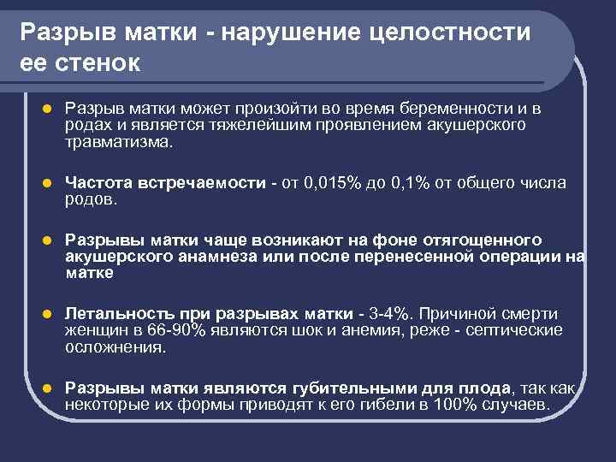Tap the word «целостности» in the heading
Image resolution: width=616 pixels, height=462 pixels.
[452, 32]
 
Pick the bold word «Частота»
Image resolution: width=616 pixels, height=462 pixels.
[98, 183]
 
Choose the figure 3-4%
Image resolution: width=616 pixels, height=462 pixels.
[393, 313]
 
